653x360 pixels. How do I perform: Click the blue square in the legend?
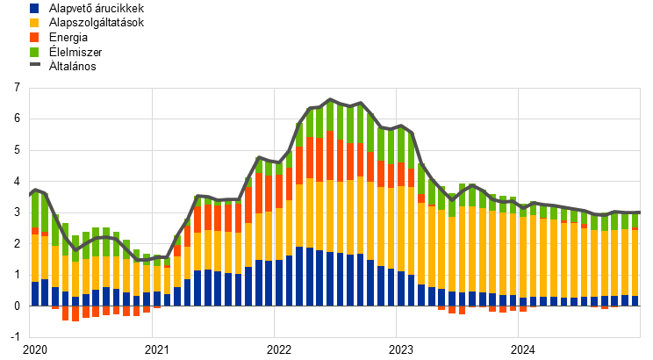(x=34, y=9)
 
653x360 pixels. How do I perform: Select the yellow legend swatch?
(x=34, y=23)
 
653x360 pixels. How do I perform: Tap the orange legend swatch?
(x=34, y=38)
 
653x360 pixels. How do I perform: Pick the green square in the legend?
(x=34, y=52)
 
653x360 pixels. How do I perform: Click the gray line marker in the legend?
(x=34, y=64)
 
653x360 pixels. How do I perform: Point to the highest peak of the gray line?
(x=330, y=99)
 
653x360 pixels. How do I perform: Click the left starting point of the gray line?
(x=30, y=192)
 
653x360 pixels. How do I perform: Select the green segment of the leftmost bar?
(x=35, y=210)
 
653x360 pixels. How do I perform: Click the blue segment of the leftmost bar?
(x=35, y=293)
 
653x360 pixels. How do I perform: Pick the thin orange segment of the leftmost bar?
(x=35, y=231)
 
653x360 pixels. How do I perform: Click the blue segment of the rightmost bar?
(x=635, y=300)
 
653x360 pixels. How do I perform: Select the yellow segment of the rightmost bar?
(x=635, y=263)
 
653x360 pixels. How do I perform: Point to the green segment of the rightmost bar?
(x=635, y=220)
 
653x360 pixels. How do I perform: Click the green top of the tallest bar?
(x=330, y=115)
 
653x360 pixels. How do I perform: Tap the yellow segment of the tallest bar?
(x=330, y=216)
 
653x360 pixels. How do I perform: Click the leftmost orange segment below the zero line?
(x=55, y=307)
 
